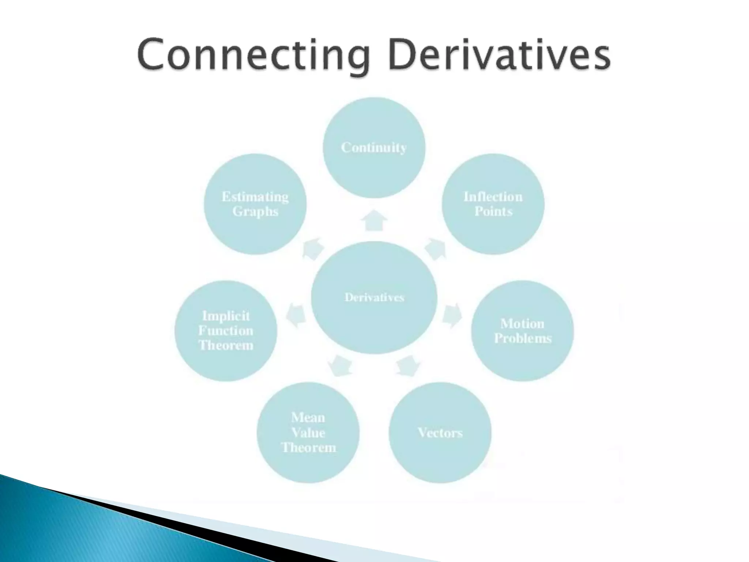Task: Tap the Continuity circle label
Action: [374, 147]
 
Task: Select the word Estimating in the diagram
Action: [255, 197]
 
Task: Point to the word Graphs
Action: [255, 211]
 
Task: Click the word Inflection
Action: [493, 197]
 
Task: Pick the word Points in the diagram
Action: [493, 211]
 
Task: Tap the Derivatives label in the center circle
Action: [374, 297]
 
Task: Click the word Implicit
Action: [226, 316]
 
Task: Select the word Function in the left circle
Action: [226, 331]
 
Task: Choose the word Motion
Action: [522, 323]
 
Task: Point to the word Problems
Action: [522, 338]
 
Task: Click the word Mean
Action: [308, 417]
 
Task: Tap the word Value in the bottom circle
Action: [308, 433]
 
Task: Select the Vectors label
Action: [440, 433]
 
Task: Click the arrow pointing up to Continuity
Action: [374, 220]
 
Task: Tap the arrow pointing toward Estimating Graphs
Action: [314, 249]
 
